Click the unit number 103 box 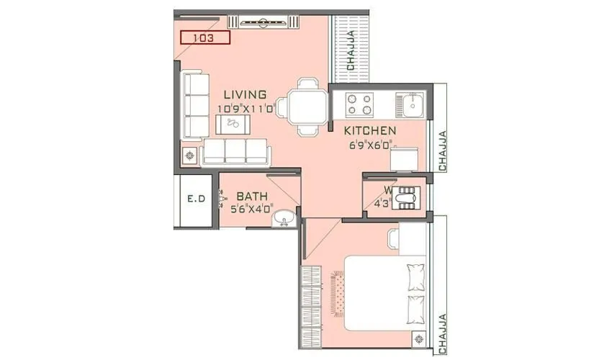pos(205,37)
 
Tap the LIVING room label pos(245,95)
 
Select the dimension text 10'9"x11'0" pos(247,109)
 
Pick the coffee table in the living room pos(233,124)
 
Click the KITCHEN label pos(370,131)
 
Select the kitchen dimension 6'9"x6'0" pos(370,145)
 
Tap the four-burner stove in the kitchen pos(360,105)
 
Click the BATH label pos(252,196)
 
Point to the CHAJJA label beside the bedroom pos(442,332)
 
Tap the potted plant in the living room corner pos(190,155)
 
